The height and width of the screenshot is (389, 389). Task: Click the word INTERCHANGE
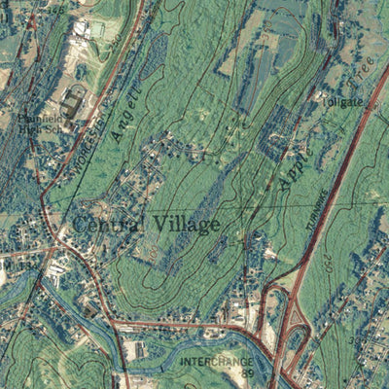[216, 360]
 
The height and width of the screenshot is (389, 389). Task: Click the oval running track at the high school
[74, 104]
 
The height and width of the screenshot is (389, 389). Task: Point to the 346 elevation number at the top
[58, 9]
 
